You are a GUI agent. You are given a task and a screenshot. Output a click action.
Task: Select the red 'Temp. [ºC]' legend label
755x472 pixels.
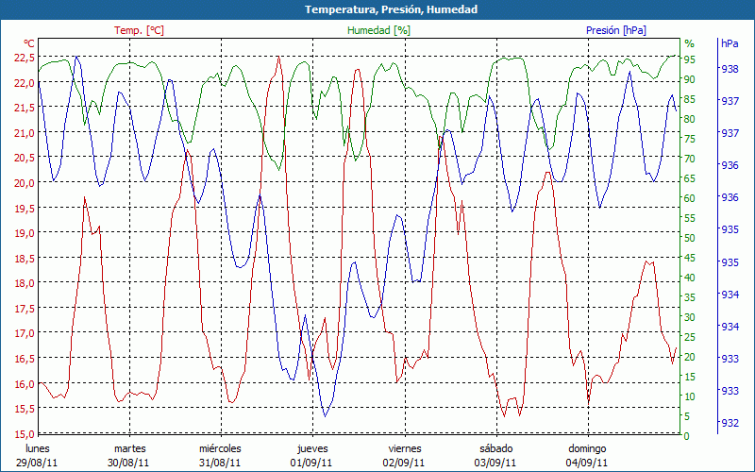139,30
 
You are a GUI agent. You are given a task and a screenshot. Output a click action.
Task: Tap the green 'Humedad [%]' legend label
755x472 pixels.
378,30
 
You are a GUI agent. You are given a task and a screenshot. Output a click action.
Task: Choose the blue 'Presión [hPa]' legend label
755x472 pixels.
616,30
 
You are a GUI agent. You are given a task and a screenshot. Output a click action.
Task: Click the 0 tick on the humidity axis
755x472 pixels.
687,436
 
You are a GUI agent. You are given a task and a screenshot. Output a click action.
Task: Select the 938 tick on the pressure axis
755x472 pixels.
730,69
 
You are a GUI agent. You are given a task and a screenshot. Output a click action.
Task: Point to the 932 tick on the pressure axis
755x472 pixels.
730,423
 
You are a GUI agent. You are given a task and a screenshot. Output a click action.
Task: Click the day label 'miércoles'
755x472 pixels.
220,448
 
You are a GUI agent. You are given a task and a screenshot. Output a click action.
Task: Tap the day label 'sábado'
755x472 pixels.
495,448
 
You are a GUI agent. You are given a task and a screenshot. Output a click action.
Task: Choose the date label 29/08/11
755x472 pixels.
37,463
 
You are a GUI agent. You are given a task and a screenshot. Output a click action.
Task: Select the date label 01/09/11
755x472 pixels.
311,463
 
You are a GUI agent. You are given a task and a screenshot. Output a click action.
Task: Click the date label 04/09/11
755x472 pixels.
587,463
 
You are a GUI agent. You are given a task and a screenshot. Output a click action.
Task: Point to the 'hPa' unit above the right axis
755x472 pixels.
730,43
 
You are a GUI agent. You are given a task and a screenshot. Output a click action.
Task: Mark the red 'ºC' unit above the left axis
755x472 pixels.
29,43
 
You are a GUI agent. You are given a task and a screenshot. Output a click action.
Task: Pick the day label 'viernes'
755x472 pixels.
404,448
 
